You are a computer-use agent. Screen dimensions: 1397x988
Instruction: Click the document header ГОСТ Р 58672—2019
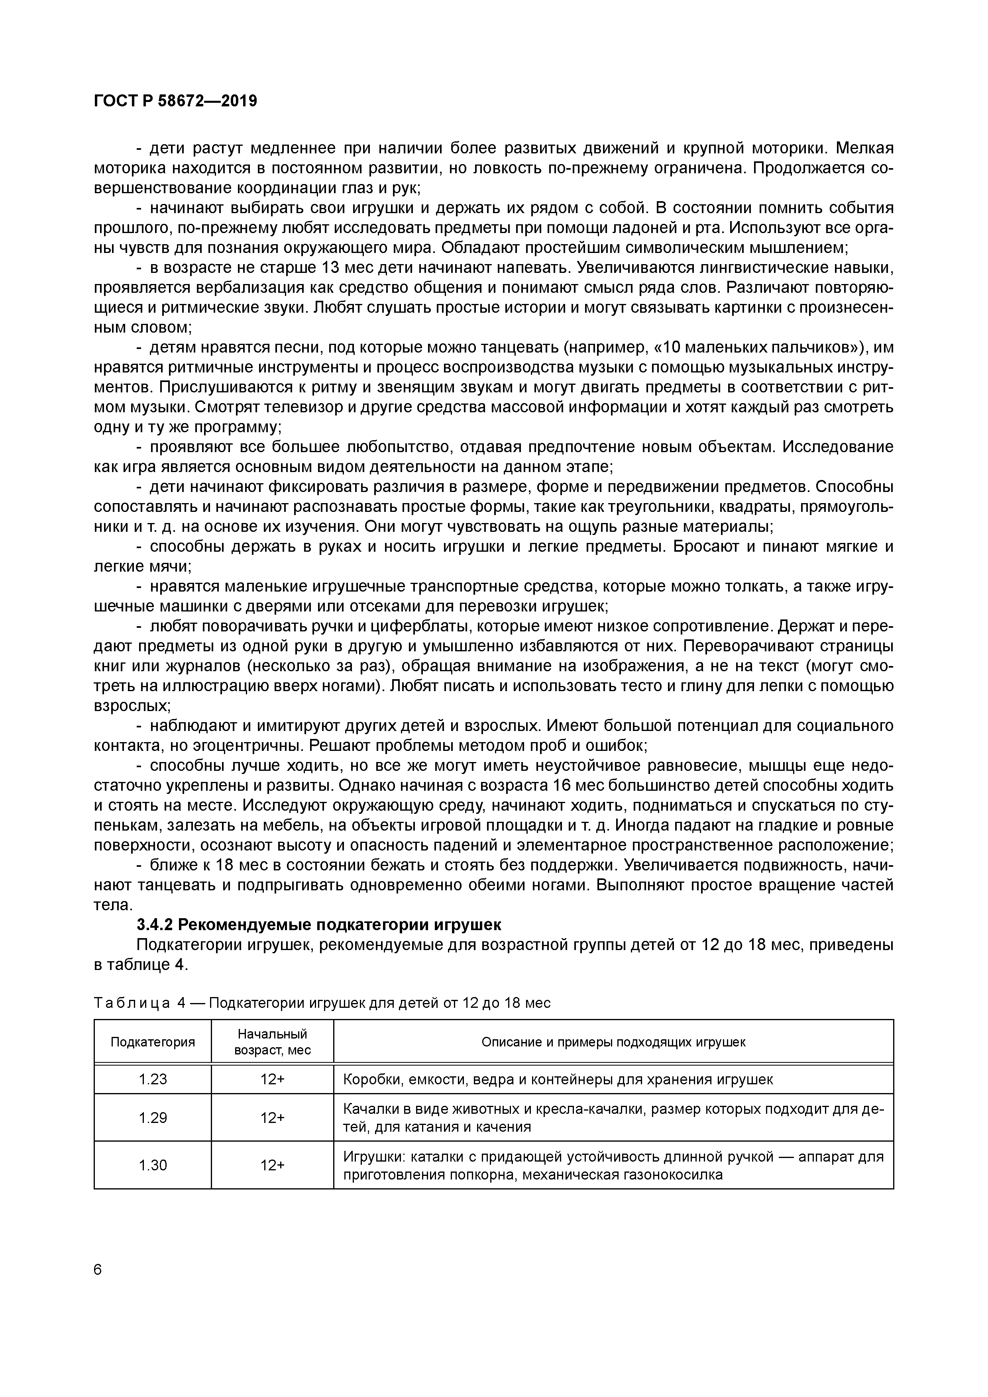coord(175,101)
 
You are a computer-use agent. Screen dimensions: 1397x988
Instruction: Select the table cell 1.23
coord(153,1080)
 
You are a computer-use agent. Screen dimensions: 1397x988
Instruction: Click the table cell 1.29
coord(153,1118)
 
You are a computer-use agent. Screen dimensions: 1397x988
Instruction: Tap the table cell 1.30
coord(153,1165)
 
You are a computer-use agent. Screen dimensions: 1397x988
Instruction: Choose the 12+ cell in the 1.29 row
coord(272,1118)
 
